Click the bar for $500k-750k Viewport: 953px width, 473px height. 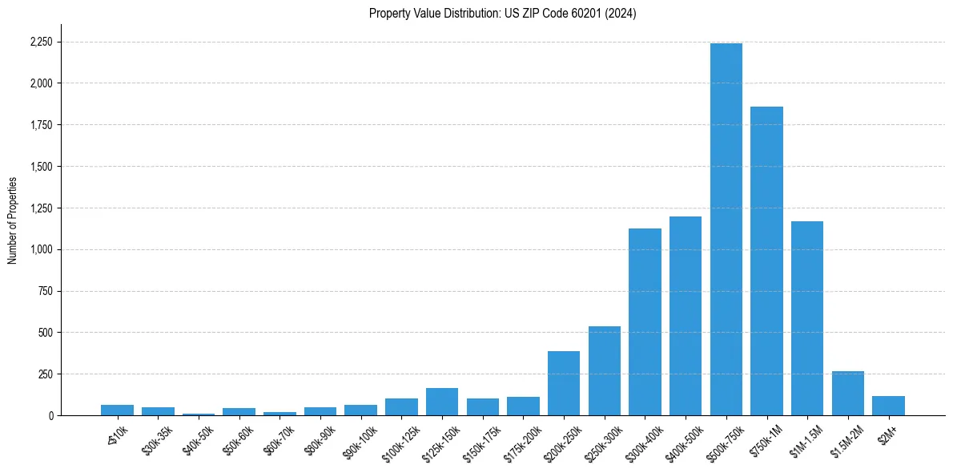point(726,229)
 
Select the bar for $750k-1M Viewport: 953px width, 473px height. point(766,261)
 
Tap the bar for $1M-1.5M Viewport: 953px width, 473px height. point(806,318)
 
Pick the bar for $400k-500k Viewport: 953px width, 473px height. point(686,316)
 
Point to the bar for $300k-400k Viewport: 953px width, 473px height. point(645,321)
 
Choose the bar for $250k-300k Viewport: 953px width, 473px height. point(605,370)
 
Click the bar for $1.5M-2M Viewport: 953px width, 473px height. point(847,394)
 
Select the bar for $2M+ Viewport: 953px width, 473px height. point(888,406)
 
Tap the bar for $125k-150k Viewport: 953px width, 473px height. point(442,402)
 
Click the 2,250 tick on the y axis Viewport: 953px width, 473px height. point(41,42)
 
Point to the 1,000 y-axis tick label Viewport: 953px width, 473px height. point(41,249)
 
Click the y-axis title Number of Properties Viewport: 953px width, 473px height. point(12,220)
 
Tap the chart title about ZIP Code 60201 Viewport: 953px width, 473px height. point(502,14)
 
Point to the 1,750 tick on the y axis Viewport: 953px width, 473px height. point(41,125)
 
